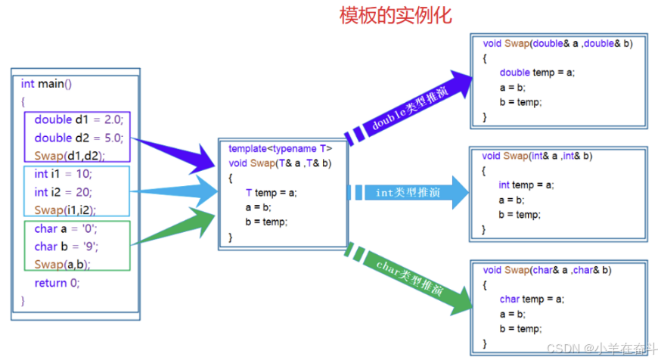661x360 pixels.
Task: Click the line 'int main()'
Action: pyautogui.click(x=46, y=83)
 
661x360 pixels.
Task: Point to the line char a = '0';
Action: pyautogui.click(x=66, y=228)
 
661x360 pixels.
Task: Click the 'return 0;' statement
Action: pyautogui.click(x=57, y=283)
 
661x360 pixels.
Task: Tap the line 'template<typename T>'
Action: pyautogui.click(x=281, y=148)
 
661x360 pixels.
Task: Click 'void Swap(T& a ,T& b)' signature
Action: pyautogui.click(x=281, y=163)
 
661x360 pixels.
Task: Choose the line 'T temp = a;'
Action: pyautogui.click(x=272, y=192)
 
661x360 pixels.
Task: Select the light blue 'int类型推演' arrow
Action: pyautogui.click(x=408, y=193)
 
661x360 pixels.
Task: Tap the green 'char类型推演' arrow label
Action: pyautogui.click(x=409, y=278)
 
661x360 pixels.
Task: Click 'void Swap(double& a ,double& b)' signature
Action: pyautogui.click(x=557, y=44)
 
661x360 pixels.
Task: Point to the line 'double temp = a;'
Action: pyautogui.click(x=537, y=73)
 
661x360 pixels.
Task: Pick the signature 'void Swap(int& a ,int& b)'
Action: pyautogui.click(x=537, y=156)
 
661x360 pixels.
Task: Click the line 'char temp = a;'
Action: pyautogui.click(x=532, y=299)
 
